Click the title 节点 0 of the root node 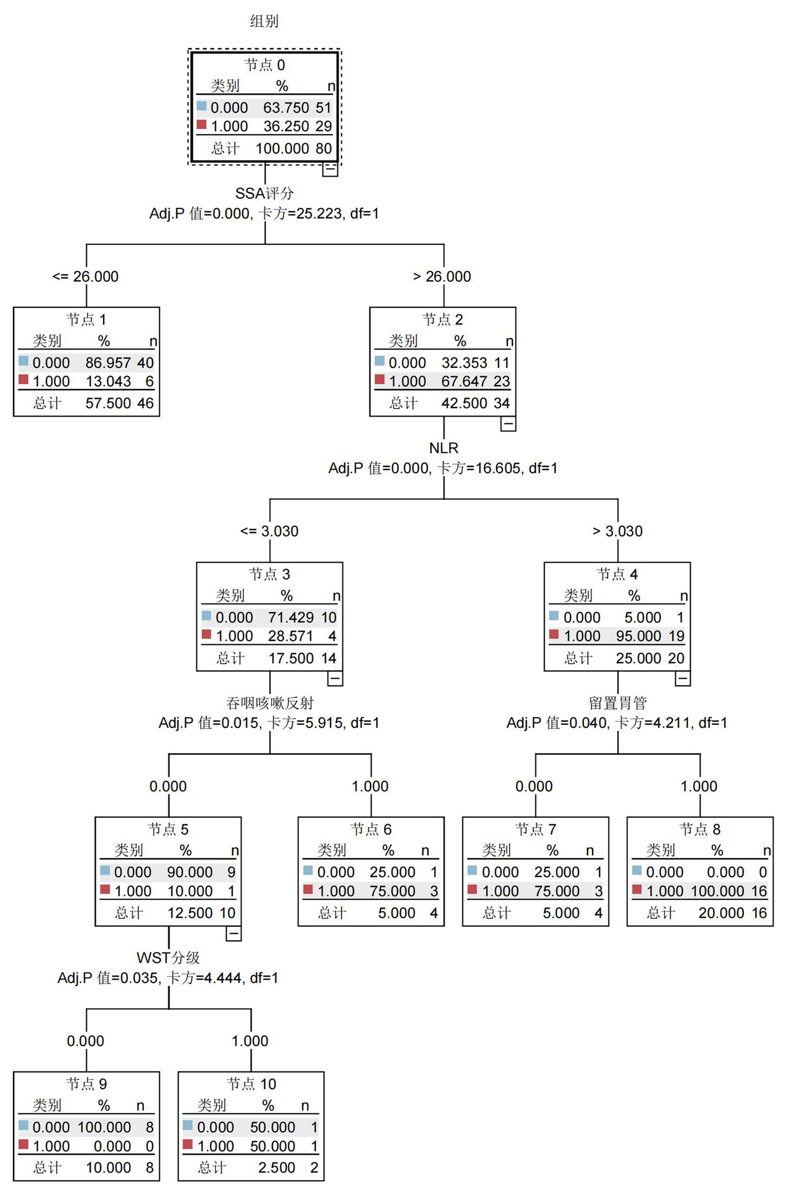tap(265, 65)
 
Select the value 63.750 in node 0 tap(286, 108)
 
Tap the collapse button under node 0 tap(330, 169)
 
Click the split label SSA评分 tap(265, 193)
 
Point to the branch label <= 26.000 tap(85, 277)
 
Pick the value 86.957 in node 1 tap(108, 362)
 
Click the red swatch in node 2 tap(380, 379)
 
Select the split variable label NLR tap(443, 448)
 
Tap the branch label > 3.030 tap(617, 532)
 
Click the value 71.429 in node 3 tap(291, 618)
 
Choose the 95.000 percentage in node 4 tap(638, 636)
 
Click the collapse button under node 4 tap(683, 679)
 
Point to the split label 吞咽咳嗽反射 tap(269, 703)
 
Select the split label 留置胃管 tap(618, 703)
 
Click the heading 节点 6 tap(371, 829)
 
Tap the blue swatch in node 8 tap(637, 870)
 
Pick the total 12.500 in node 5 tap(190, 913)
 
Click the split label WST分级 tap(168, 958)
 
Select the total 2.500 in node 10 tap(277, 1168)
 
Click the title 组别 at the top tap(265, 21)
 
